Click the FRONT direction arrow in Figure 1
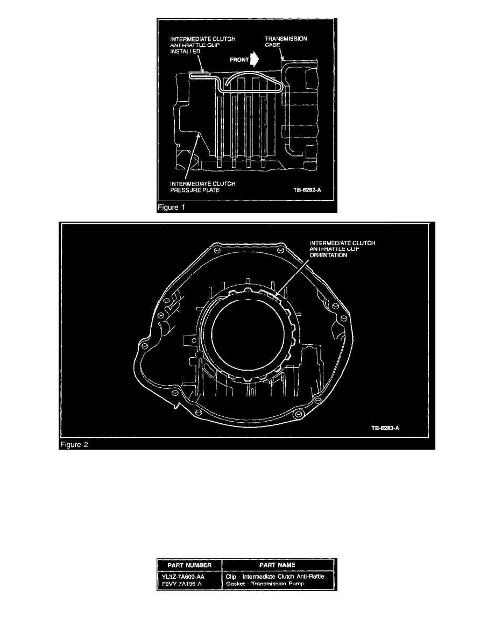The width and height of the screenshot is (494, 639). point(255,60)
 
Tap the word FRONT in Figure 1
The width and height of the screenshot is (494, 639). point(239,60)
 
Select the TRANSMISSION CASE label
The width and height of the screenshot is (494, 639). point(286,41)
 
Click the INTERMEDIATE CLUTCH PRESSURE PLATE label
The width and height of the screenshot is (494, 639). point(202,187)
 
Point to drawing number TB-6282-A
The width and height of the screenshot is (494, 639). point(307,190)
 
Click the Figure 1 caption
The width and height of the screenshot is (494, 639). point(171,208)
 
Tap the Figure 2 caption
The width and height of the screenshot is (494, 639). point(74,445)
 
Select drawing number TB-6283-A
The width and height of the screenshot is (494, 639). point(385,428)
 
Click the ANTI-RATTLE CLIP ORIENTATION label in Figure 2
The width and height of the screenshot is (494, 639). point(342,249)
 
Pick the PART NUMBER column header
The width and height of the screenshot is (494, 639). point(189,565)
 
